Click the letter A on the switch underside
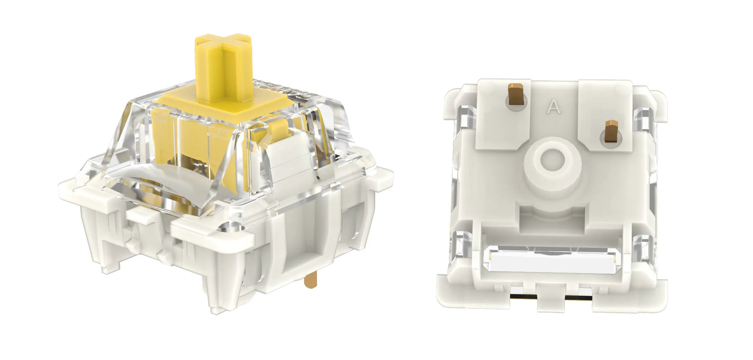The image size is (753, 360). pyautogui.click(x=553, y=107)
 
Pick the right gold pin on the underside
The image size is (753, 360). pyautogui.click(x=611, y=131)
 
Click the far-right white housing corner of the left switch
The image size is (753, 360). pyautogui.click(x=385, y=175)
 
